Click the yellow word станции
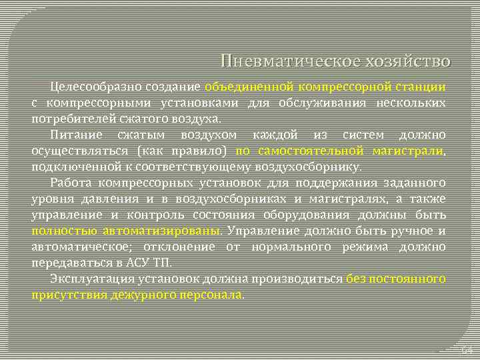(419, 87)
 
